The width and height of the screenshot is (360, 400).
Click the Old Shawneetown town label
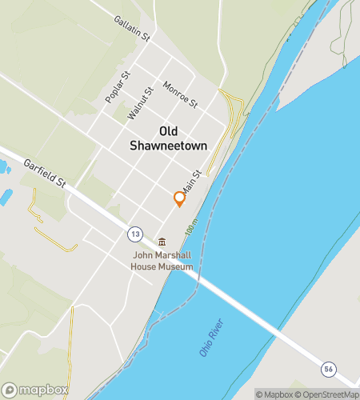[168, 138]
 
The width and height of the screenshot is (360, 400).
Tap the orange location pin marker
[180, 198]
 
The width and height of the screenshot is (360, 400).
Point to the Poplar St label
[117, 88]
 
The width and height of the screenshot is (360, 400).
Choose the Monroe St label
[179, 94]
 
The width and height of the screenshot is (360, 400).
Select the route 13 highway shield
[134, 234]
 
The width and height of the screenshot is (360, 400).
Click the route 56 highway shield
[328, 368]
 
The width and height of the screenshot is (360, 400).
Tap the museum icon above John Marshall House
[162, 242]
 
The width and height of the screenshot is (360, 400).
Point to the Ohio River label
[212, 338]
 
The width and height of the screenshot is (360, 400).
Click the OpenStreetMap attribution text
[327, 394]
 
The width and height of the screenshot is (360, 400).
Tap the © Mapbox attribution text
[274, 394]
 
